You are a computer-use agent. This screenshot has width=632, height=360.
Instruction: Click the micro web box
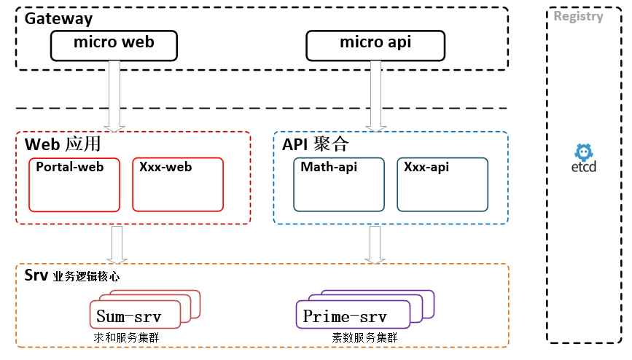pyautogui.click(x=114, y=44)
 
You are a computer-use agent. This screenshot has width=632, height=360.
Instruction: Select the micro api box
pyautogui.click(x=375, y=44)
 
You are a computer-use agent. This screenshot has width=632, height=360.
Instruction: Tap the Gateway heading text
pyautogui.click(x=59, y=19)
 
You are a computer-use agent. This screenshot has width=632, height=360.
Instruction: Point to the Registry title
pyautogui.click(x=578, y=17)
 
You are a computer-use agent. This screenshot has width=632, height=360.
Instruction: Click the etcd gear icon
pyautogui.click(x=583, y=152)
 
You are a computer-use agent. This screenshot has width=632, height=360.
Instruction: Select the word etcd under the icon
pyautogui.click(x=583, y=168)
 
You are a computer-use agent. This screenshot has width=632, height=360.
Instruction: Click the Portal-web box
pyautogui.click(x=74, y=184)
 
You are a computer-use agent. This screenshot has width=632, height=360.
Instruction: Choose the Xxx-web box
pyautogui.click(x=178, y=184)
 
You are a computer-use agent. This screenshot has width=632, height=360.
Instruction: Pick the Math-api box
pyautogui.click(x=338, y=184)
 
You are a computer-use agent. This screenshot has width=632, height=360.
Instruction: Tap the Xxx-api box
pyautogui.click(x=442, y=184)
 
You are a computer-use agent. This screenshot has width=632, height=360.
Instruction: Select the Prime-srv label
pyautogui.click(x=344, y=316)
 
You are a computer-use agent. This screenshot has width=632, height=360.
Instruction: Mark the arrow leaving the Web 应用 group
pyautogui.click(x=116, y=244)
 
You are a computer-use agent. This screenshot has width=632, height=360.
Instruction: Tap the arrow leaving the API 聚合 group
pyautogui.click(x=375, y=244)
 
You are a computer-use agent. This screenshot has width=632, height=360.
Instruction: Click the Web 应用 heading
pyautogui.click(x=63, y=144)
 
